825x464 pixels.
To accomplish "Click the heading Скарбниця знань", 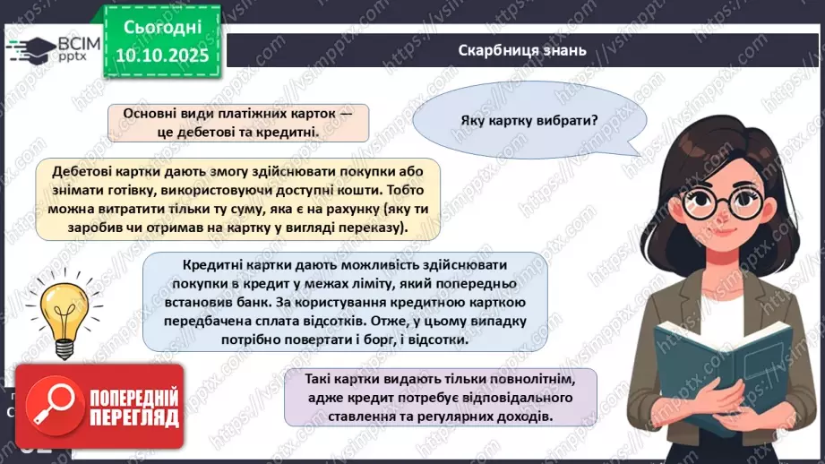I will coord(521,50).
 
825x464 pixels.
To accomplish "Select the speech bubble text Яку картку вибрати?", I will coord(529,121).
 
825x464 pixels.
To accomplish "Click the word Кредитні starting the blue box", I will coord(212,265).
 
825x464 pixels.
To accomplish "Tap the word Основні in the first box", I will coord(150,114).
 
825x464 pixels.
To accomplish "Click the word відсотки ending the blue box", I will coord(439,340).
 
